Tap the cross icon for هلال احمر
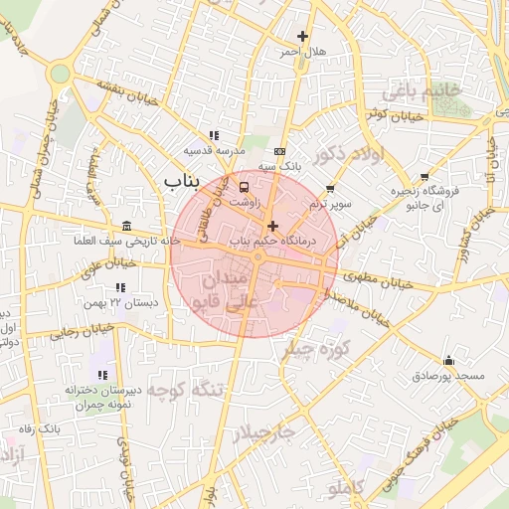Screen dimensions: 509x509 [303, 37]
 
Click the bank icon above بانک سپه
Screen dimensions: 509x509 [279, 152]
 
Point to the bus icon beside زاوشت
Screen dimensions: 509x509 [245, 185]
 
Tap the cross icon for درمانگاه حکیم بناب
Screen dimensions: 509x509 [273, 227]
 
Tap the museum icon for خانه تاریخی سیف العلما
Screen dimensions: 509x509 [126, 227]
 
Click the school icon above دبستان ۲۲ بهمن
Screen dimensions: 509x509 [120, 287]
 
